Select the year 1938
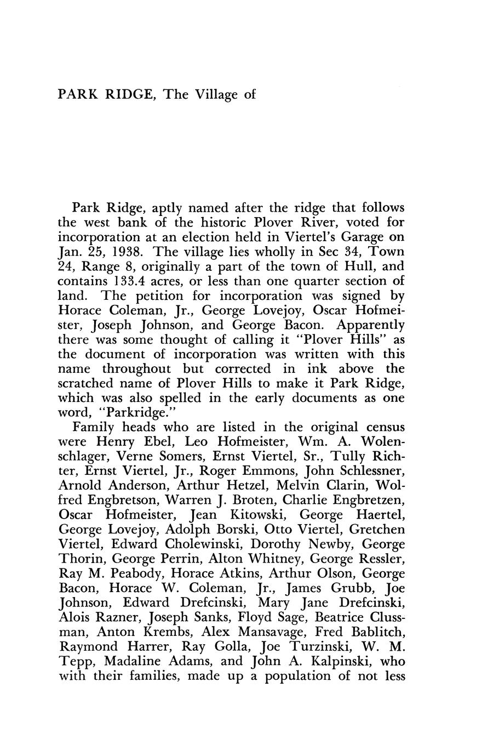pos(127,252)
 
